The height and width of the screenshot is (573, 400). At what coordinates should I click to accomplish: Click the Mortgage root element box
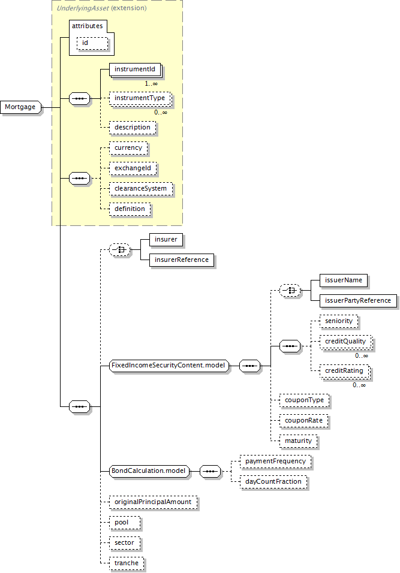pyautogui.click(x=21, y=107)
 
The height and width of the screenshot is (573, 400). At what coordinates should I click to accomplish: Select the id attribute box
pyautogui.click(x=92, y=43)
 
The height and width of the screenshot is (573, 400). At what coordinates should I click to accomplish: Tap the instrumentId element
pyautogui.click(x=136, y=70)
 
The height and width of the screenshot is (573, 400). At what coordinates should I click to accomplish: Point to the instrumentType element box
pyautogui.click(x=140, y=98)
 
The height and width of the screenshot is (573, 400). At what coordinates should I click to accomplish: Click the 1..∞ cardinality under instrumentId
pyautogui.click(x=151, y=84)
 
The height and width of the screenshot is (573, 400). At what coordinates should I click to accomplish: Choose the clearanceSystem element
pyautogui.click(x=141, y=189)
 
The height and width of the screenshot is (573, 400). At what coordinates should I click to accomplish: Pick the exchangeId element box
pyautogui.click(x=133, y=168)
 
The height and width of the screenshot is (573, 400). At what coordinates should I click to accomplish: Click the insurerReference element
pyautogui.click(x=182, y=260)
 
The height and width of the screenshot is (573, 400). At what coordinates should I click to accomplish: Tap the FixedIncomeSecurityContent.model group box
pyautogui.click(x=169, y=366)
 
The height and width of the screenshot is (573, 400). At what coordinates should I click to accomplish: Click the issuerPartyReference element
pyautogui.click(x=358, y=301)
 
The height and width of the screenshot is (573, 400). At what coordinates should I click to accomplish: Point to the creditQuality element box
pyautogui.click(x=346, y=342)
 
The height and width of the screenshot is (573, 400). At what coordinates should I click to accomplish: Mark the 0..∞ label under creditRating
pyautogui.click(x=359, y=385)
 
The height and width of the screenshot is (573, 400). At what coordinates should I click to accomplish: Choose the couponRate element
pyautogui.click(x=303, y=421)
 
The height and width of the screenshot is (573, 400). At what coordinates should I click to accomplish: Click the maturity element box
pyautogui.click(x=299, y=441)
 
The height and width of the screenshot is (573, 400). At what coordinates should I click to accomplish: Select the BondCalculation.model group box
pyautogui.click(x=149, y=471)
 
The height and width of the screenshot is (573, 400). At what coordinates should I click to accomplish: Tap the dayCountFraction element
pyautogui.click(x=273, y=482)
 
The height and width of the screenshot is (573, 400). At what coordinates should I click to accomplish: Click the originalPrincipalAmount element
pyautogui.click(x=153, y=502)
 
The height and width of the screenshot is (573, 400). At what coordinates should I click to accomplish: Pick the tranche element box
pyautogui.click(x=127, y=563)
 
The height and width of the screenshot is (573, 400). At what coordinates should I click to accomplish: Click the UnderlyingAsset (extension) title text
pyautogui.click(x=101, y=8)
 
